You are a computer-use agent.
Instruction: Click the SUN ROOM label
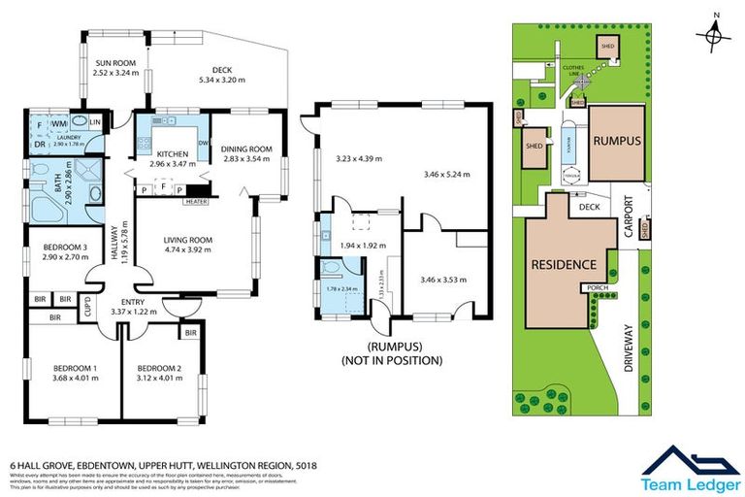coord(115,66)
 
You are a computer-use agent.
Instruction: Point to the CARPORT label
coord(629,215)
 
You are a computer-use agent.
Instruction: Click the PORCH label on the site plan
coord(594,288)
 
